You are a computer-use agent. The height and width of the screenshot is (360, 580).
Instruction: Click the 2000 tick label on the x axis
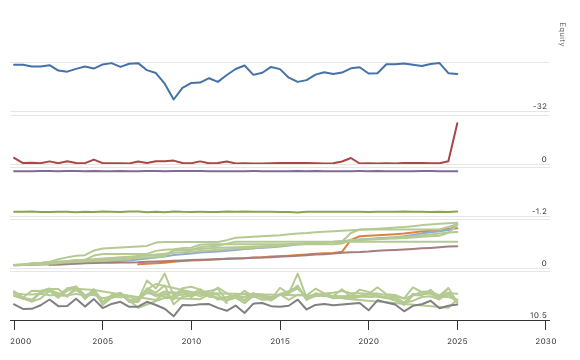(14, 341)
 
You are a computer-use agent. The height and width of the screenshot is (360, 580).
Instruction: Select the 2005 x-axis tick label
(103, 341)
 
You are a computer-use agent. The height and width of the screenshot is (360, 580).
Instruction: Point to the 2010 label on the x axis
(192, 341)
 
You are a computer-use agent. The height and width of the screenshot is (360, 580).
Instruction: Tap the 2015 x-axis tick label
(281, 341)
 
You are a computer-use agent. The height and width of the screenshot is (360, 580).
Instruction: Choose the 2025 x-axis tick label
(458, 341)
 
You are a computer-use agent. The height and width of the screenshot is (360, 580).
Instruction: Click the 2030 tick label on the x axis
(546, 341)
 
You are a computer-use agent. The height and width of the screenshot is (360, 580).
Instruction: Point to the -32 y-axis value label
(540, 107)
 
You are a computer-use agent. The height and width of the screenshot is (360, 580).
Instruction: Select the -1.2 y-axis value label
(539, 212)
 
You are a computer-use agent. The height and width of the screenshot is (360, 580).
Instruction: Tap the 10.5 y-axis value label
(538, 315)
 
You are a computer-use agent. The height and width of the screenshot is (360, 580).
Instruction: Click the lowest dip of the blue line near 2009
(174, 99)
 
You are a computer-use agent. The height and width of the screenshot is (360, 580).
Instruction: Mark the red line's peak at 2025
(457, 123)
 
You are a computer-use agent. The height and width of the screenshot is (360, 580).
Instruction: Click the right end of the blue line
(457, 74)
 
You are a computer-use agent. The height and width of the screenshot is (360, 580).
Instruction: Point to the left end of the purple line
(14, 172)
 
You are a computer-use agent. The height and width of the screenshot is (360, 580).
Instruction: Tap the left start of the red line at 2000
(14, 157)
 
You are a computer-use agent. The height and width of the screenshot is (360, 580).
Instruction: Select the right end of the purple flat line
(457, 172)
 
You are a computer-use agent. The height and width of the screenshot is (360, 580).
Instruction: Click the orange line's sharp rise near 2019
(350, 241)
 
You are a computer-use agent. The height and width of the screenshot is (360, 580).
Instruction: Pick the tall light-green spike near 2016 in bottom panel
(298, 274)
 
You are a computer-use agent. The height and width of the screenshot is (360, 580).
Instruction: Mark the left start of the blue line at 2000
(14, 64)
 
